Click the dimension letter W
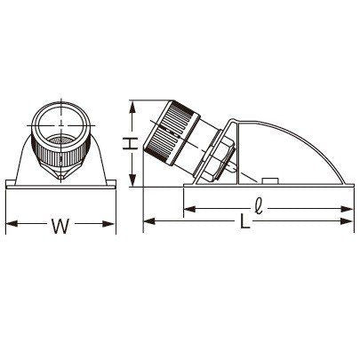tap(60, 226)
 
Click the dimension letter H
tap(130, 144)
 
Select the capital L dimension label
tap(244, 221)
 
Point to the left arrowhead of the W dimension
tap(12, 223)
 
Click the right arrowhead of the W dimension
tap(108, 223)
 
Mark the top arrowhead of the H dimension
tap(133, 107)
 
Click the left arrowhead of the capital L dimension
tap(149, 221)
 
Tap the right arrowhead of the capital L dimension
tap(348, 221)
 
